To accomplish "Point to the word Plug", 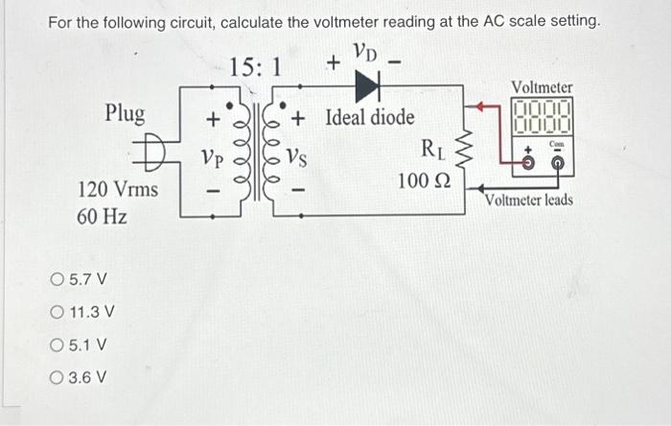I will [x=126, y=114].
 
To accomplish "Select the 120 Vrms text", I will [x=117, y=189].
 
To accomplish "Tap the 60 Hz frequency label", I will [x=101, y=216].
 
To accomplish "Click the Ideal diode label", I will [x=370, y=118].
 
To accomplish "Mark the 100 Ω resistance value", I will [x=423, y=181].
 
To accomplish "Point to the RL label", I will [x=429, y=149].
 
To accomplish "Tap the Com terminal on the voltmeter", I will [x=557, y=162].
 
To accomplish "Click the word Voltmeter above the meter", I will [x=542, y=87].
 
